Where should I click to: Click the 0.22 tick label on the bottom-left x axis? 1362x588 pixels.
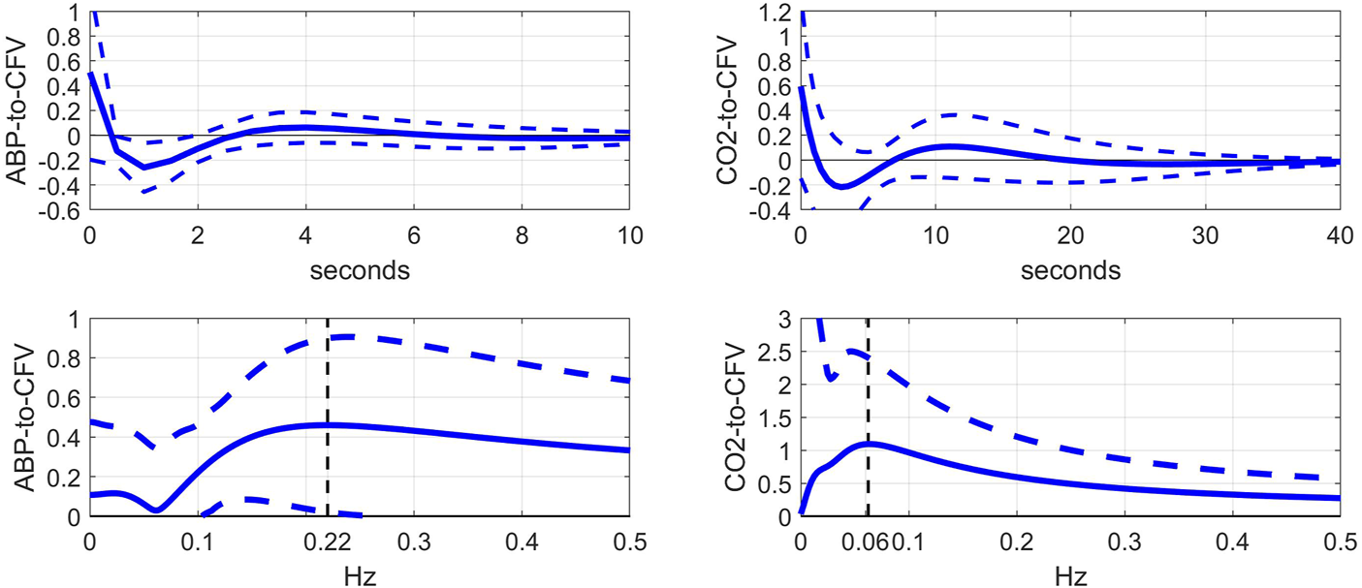[x=328, y=537]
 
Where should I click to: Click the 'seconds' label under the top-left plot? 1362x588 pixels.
[x=360, y=271]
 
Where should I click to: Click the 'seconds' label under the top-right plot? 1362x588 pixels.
[x=1070, y=271]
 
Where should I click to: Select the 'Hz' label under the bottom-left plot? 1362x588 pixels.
[x=360, y=575]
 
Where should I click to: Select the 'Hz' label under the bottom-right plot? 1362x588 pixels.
[x=1070, y=575]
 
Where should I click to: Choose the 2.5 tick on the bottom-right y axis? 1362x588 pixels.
[x=780, y=353]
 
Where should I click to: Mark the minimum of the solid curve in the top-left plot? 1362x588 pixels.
[x=144, y=168]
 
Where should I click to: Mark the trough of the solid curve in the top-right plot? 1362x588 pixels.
[x=841, y=187]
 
